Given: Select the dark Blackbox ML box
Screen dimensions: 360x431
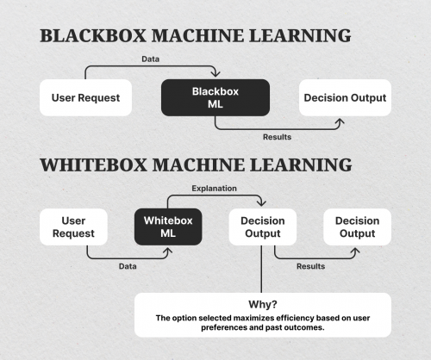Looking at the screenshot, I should (x=215, y=97).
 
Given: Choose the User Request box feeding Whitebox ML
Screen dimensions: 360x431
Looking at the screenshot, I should (x=74, y=227).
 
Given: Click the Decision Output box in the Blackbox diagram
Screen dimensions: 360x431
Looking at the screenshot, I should (x=345, y=97).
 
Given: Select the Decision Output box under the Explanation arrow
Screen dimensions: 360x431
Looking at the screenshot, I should (x=263, y=227).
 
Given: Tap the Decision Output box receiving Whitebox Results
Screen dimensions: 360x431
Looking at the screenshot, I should (x=357, y=227).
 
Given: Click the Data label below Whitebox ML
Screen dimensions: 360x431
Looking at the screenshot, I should (x=128, y=266).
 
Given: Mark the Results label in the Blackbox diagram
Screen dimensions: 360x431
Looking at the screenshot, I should (x=278, y=136).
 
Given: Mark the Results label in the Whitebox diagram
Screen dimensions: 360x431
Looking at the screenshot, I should (x=310, y=266).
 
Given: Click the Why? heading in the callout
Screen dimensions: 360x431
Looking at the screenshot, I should (x=261, y=304).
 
